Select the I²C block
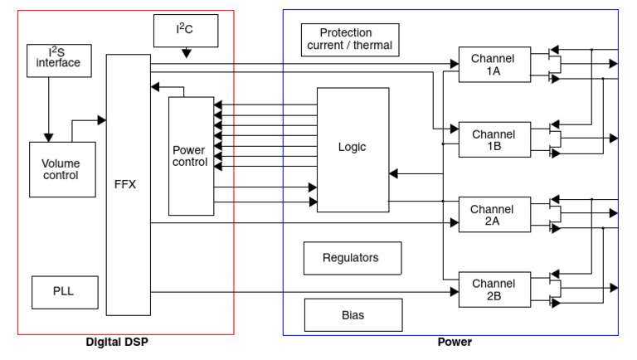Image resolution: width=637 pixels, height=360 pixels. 186,31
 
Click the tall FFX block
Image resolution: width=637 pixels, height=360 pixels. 128,185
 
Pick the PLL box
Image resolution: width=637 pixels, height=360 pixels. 64,292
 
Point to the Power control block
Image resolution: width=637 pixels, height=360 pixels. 190,156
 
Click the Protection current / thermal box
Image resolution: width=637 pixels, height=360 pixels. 350,39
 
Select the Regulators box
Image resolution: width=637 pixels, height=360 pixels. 353,258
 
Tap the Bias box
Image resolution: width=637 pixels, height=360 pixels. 353,315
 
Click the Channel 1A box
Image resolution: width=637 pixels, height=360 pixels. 494,65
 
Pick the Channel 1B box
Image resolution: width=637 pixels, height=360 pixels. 494,139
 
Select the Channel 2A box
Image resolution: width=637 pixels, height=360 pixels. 494,215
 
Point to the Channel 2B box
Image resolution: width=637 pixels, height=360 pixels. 494,289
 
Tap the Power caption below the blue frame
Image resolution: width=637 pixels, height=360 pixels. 454,342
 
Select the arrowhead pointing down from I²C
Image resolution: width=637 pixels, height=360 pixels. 186,54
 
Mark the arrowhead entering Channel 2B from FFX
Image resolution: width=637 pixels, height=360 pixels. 454,292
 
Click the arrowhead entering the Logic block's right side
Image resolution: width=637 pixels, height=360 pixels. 394,173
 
